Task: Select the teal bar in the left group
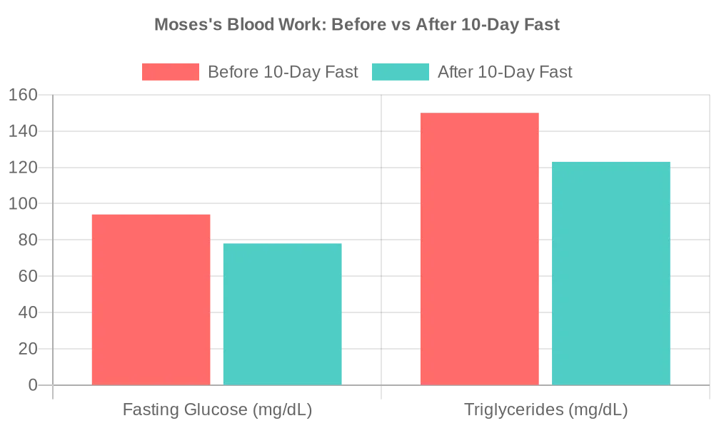[x=283, y=313]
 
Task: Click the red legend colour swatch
[x=170, y=72]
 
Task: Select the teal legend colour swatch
[x=401, y=72]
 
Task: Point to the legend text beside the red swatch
[x=281, y=72]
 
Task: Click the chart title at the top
[x=357, y=26]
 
